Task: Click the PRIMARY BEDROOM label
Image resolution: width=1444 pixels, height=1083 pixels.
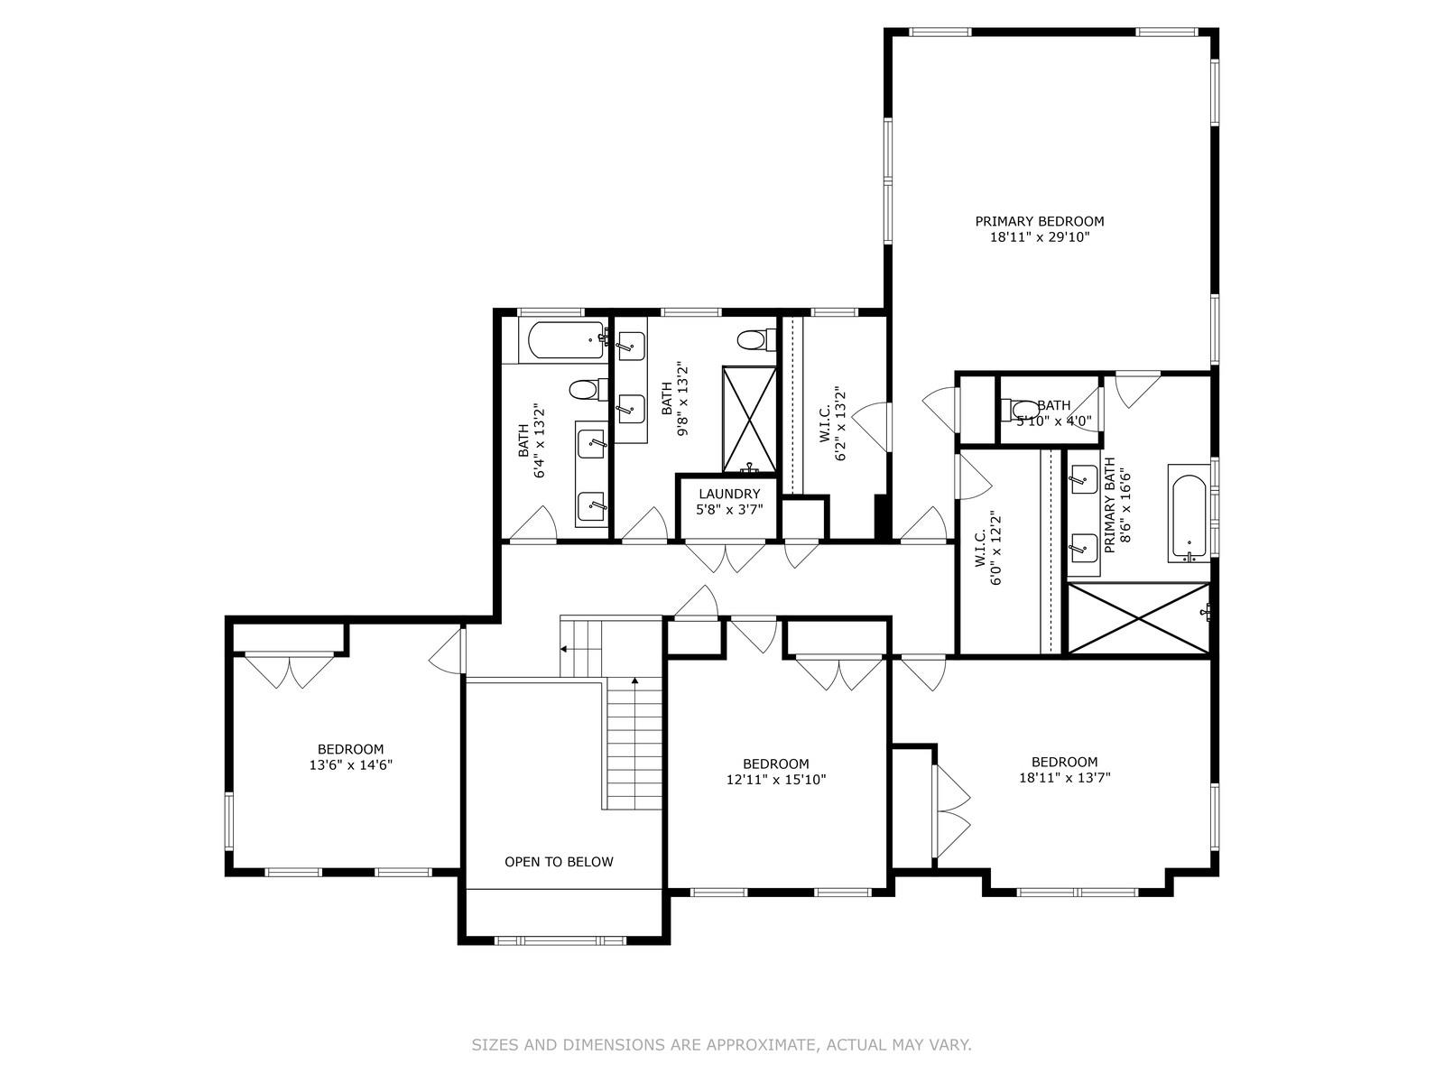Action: (1039, 221)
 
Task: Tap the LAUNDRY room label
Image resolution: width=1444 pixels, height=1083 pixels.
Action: (729, 494)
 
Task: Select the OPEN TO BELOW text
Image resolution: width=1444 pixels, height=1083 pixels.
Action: (559, 862)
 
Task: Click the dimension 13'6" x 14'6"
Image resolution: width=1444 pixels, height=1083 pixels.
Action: (350, 765)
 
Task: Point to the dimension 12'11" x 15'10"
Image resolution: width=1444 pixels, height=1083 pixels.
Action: (776, 780)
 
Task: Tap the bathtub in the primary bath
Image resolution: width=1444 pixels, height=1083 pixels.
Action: (1189, 513)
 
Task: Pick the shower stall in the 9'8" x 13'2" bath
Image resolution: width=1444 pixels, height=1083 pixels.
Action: (749, 419)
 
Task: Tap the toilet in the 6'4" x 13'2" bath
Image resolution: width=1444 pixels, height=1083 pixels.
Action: (584, 391)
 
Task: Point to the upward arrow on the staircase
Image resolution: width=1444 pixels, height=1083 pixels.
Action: (635, 682)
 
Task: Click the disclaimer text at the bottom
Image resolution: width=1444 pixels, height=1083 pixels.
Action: (721, 1045)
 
